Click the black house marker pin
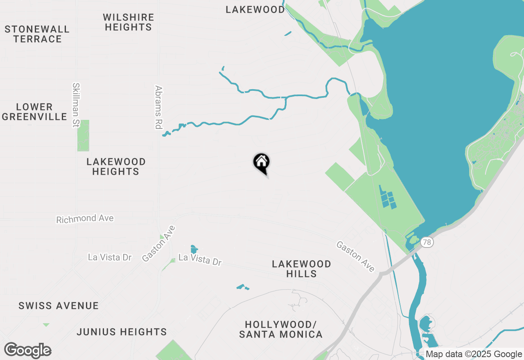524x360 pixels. (x=262, y=162)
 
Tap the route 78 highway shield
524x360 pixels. (x=427, y=243)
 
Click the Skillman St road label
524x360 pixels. (x=76, y=105)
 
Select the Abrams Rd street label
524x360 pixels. (x=159, y=107)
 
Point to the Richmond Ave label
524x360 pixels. (x=85, y=219)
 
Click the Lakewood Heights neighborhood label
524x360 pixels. (x=116, y=166)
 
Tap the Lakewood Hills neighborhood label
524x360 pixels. (x=301, y=269)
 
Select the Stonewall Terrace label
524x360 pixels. (x=37, y=34)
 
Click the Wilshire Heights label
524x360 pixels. (x=129, y=22)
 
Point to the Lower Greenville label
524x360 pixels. (x=34, y=112)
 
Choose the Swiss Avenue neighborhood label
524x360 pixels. (x=59, y=306)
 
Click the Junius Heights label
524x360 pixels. (x=122, y=332)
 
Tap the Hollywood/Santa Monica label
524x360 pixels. (x=280, y=329)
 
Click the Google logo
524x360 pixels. (x=28, y=350)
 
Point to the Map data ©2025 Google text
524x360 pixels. (x=474, y=354)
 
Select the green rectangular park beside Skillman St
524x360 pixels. (x=83, y=135)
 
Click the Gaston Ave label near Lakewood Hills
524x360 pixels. (x=355, y=256)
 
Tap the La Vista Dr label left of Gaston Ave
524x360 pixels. (x=110, y=257)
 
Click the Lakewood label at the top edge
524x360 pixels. (x=255, y=9)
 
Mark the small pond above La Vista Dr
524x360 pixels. (x=194, y=249)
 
